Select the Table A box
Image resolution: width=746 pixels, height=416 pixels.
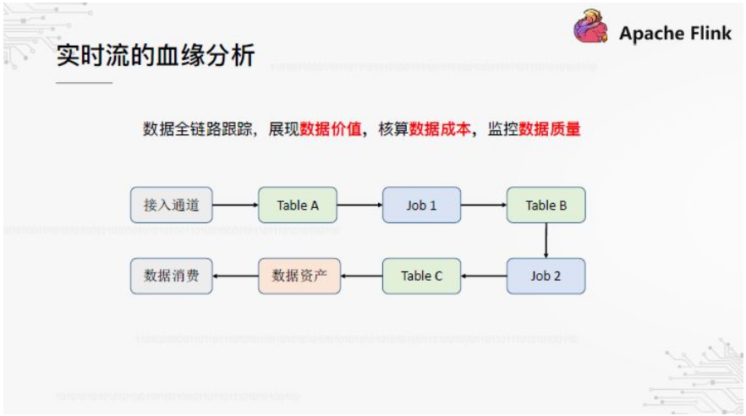pyautogui.click(x=298, y=205)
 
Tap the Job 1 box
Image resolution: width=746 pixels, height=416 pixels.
pyautogui.click(x=422, y=205)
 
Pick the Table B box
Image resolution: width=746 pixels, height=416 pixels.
pyautogui.click(x=546, y=205)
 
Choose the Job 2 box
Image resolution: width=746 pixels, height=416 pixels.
pyautogui.click(x=546, y=276)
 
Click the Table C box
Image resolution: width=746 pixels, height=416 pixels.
pyautogui.click(x=422, y=276)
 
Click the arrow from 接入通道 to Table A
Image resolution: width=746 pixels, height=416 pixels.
pyautogui.click(x=235, y=205)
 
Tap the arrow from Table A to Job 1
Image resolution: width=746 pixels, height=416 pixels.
pyautogui.click(x=359, y=205)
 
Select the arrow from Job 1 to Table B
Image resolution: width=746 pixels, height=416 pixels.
pyautogui.click(x=484, y=205)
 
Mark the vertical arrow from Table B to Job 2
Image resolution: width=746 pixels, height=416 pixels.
pyautogui.click(x=546, y=240)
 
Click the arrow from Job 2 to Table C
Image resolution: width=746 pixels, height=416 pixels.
pyautogui.click(x=484, y=276)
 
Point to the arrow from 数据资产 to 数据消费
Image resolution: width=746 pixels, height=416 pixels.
pyautogui.click(x=235, y=276)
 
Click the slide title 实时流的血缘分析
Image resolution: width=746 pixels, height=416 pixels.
pyautogui.click(x=156, y=56)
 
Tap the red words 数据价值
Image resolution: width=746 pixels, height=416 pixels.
pyautogui.click(x=331, y=129)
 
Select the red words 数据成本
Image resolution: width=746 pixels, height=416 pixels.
pyautogui.click(x=440, y=129)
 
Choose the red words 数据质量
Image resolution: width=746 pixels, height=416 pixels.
pyautogui.click(x=550, y=129)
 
